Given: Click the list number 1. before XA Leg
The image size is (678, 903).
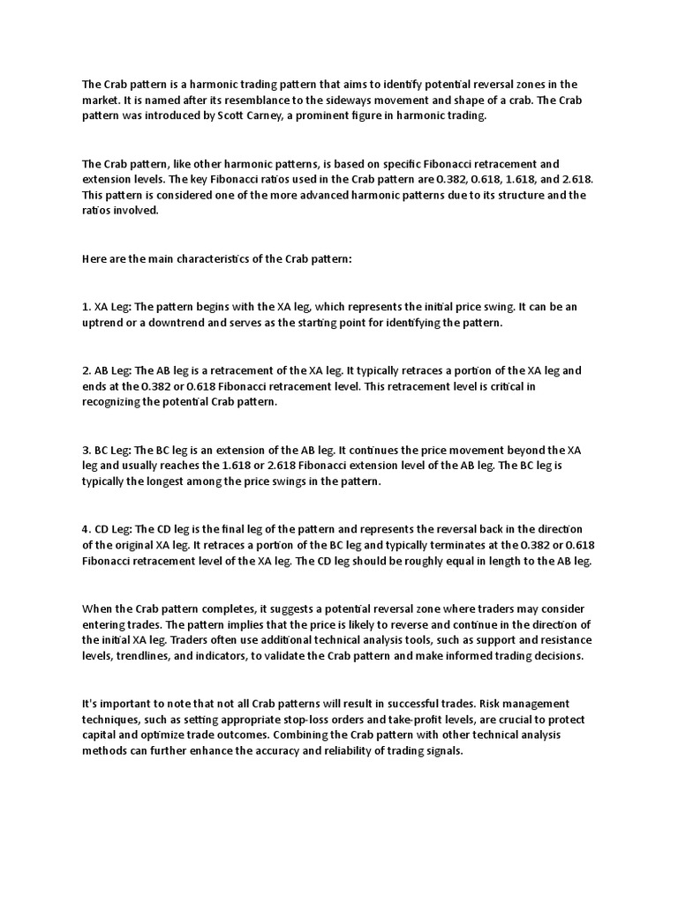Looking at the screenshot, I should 87,307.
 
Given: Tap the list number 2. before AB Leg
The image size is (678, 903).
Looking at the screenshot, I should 87,370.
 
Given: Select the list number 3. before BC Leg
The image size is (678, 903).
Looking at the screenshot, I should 87,450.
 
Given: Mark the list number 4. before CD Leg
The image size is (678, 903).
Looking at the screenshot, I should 87,529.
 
